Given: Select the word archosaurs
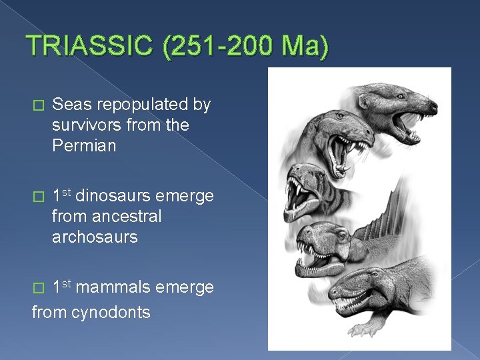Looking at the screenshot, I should tap(95, 237).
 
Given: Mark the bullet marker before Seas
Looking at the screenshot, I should tap(37, 105).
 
